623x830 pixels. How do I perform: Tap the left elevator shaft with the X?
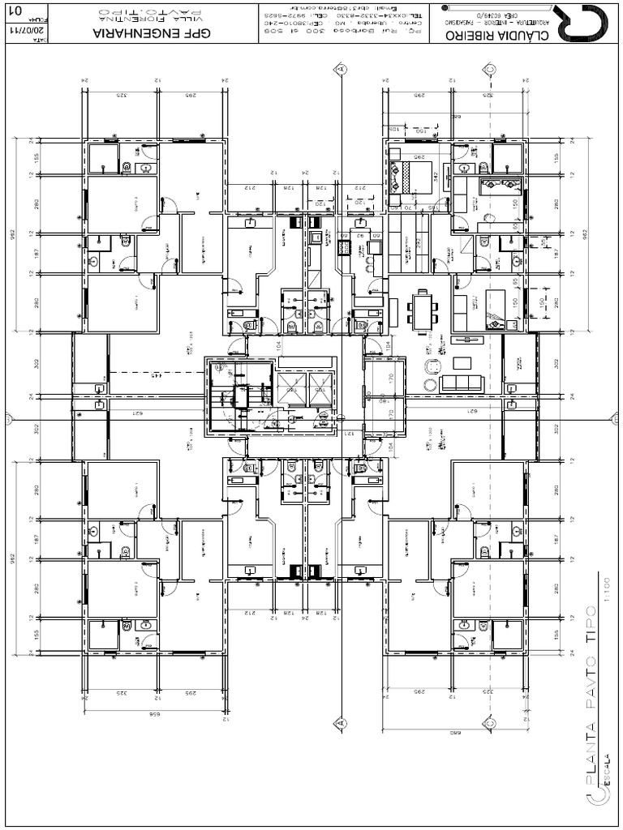(290, 391)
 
